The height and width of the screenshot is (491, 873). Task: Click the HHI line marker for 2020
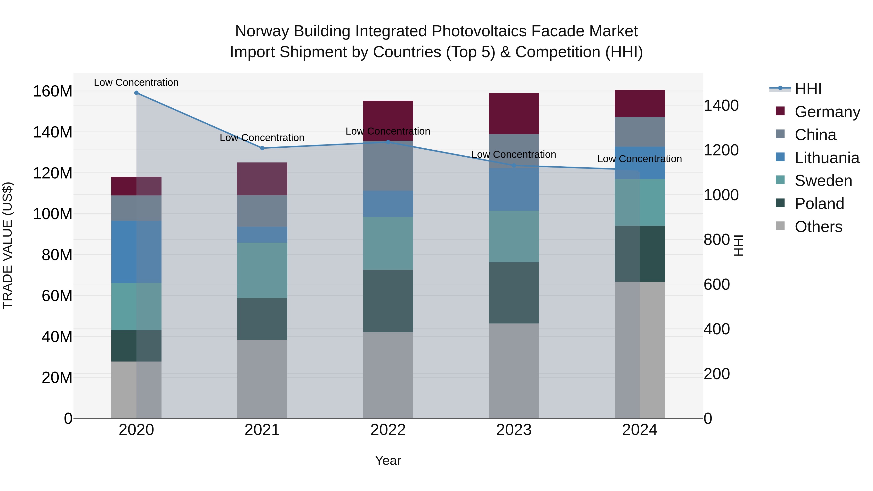coord(136,93)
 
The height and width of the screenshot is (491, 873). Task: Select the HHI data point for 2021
coord(262,148)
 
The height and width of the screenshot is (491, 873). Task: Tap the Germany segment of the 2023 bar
coord(514,113)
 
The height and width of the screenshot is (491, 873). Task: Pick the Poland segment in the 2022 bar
coord(388,301)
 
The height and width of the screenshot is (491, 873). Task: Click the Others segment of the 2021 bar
coord(262,379)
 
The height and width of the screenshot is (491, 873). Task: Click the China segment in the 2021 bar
coord(262,211)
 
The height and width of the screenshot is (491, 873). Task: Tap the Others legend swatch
coord(780,226)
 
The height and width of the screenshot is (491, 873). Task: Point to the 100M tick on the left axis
coord(53,214)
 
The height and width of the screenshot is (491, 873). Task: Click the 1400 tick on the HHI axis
coord(721,106)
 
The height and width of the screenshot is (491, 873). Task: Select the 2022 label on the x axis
coord(388,430)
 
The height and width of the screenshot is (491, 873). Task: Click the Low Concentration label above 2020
coord(136,82)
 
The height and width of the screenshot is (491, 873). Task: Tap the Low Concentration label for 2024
coord(639,159)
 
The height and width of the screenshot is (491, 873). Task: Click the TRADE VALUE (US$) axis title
coord(8,245)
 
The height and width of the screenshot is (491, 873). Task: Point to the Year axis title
coord(388,460)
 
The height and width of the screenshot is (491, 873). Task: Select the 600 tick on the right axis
coord(717,285)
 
